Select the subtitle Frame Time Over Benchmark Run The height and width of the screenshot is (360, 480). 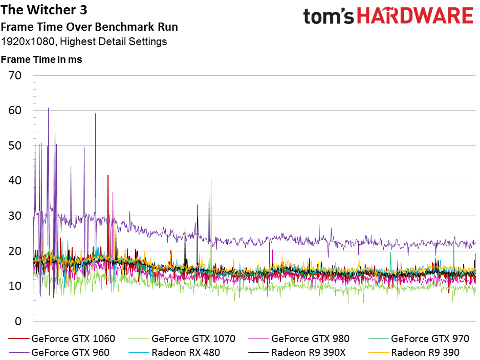point(90,27)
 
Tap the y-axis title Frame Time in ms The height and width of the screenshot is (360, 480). point(41,59)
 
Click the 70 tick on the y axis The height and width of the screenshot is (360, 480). point(15,76)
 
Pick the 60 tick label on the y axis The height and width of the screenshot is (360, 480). point(15,111)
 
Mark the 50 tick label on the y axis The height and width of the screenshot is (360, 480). point(15,146)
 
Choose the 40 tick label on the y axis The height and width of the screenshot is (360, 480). point(15,181)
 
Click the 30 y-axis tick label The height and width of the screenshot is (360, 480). point(15,216)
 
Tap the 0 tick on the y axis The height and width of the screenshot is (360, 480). point(18,322)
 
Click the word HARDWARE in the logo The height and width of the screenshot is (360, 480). point(415,16)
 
